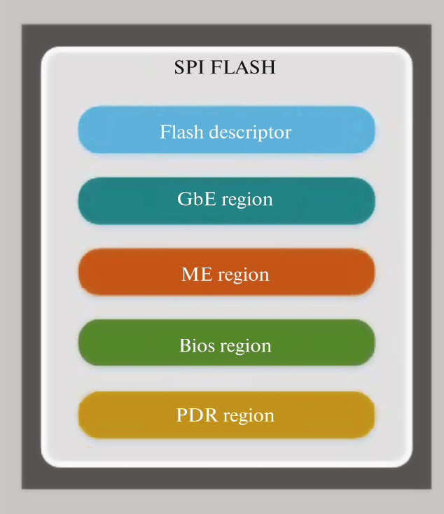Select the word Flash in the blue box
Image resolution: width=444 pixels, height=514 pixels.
click(x=179, y=132)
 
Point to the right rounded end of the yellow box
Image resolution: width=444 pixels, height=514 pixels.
click(x=365, y=415)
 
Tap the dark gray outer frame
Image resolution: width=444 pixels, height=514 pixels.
click(x=32, y=280)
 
